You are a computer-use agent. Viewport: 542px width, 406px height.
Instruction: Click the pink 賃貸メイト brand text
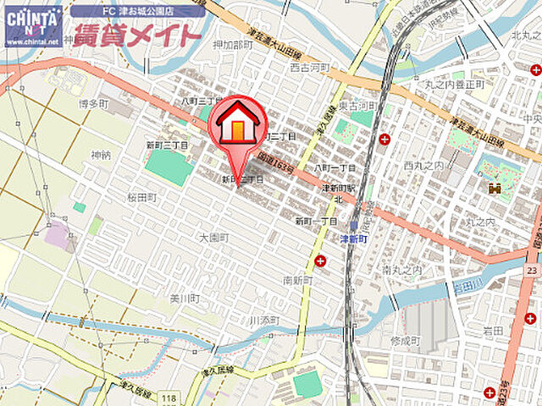(x=138, y=36)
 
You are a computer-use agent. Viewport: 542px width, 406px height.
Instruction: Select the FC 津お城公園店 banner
(x=138, y=11)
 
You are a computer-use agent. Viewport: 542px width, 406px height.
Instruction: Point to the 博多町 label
(x=94, y=104)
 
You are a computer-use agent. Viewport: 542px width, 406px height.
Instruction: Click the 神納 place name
(x=101, y=155)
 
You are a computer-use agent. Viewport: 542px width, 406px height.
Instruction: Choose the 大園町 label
(x=213, y=238)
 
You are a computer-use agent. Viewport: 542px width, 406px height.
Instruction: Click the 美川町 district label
(x=184, y=299)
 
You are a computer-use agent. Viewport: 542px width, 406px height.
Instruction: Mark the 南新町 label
(x=299, y=280)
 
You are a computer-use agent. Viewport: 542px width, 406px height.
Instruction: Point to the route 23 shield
(x=531, y=270)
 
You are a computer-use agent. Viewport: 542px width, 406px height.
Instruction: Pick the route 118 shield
(x=171, y=398)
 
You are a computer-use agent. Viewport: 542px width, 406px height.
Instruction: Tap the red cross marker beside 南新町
(x=320, y=262)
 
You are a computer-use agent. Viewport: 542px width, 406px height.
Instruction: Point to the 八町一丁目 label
(x=335, y=168)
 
